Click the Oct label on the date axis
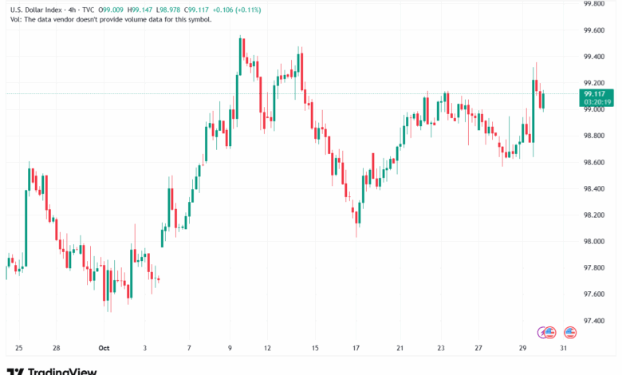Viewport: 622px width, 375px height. point(104,349)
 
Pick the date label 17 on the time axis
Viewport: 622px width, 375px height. point(356,349)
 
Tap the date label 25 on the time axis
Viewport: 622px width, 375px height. point(18,349)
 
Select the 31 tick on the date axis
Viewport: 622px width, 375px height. point(563,349)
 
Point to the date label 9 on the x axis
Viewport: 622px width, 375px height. point(230,349)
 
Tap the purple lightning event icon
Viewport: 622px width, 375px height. point(547,331)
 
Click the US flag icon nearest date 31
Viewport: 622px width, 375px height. point(569,331)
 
